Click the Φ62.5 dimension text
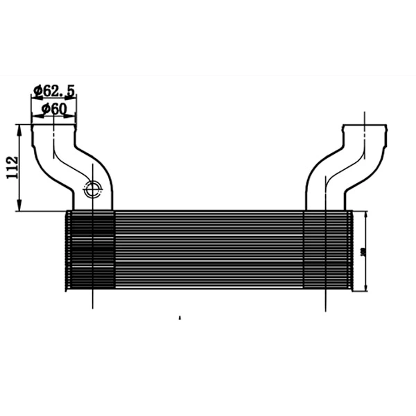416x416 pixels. [x=54, y=89]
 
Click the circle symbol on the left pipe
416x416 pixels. [x=92, y=187]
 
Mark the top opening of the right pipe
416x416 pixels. [x=365, y=125]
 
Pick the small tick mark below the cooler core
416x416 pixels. [x=180, y=318]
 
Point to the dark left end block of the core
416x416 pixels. [x=90, y=250]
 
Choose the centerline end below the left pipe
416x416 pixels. [x=92, y=308]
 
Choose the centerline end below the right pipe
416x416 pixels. [x=327, y=308]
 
